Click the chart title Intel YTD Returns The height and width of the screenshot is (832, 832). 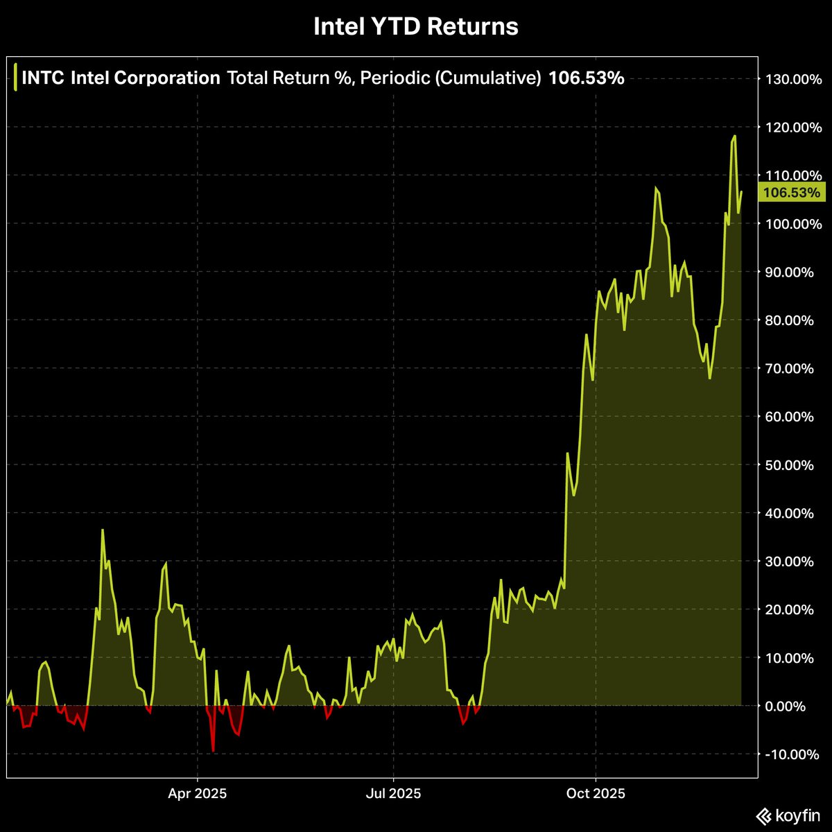415,27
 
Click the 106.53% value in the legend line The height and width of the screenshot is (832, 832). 586,78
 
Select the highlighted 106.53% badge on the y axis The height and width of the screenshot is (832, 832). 790,193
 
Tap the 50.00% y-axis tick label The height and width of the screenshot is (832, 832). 792,465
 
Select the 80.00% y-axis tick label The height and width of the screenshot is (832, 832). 792,320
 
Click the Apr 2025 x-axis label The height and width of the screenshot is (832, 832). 198,793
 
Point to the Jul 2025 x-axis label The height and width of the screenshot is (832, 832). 393,793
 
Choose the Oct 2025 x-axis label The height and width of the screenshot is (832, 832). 596,793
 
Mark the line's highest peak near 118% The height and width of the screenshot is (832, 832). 734,136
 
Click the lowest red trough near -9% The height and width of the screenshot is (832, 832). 213,751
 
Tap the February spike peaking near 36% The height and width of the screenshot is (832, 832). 103,530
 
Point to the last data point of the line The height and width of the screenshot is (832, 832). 741,192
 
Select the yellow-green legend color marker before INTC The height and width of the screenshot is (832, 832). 16,78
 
